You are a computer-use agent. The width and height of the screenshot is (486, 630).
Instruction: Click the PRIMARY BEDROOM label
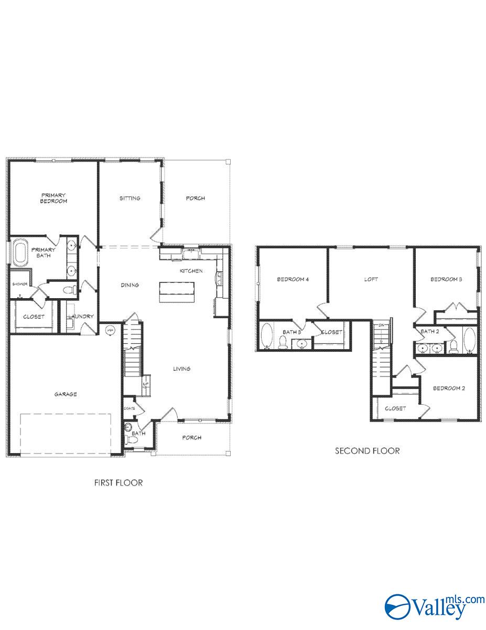coord(55,198)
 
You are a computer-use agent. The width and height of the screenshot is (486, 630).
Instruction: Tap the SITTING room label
coord(129,198)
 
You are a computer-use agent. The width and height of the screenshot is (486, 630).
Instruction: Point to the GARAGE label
coord(66,394)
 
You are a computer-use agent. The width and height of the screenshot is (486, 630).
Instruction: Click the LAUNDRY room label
coord(81,316)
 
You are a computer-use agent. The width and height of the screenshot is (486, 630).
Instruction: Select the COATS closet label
coord(129,408)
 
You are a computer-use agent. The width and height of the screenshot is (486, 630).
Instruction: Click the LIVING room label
coord(182,369)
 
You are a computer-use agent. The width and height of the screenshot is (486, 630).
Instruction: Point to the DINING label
coord(129,285)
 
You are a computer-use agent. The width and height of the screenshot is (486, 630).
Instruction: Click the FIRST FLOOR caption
coord(118,482)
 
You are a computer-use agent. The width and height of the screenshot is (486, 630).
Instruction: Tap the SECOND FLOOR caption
coord(368,450)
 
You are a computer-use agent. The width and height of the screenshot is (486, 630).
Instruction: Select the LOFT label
coord(371,279)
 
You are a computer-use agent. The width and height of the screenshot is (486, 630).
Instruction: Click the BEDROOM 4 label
coord(293,279)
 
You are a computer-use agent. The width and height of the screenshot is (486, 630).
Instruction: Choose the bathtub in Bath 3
coord(266,336)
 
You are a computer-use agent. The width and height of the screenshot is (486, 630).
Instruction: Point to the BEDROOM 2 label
coord(448,388)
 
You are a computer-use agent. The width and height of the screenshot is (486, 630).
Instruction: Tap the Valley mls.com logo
coord(434,606)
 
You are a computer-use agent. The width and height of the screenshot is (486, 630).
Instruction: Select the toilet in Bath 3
coord(284,343)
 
